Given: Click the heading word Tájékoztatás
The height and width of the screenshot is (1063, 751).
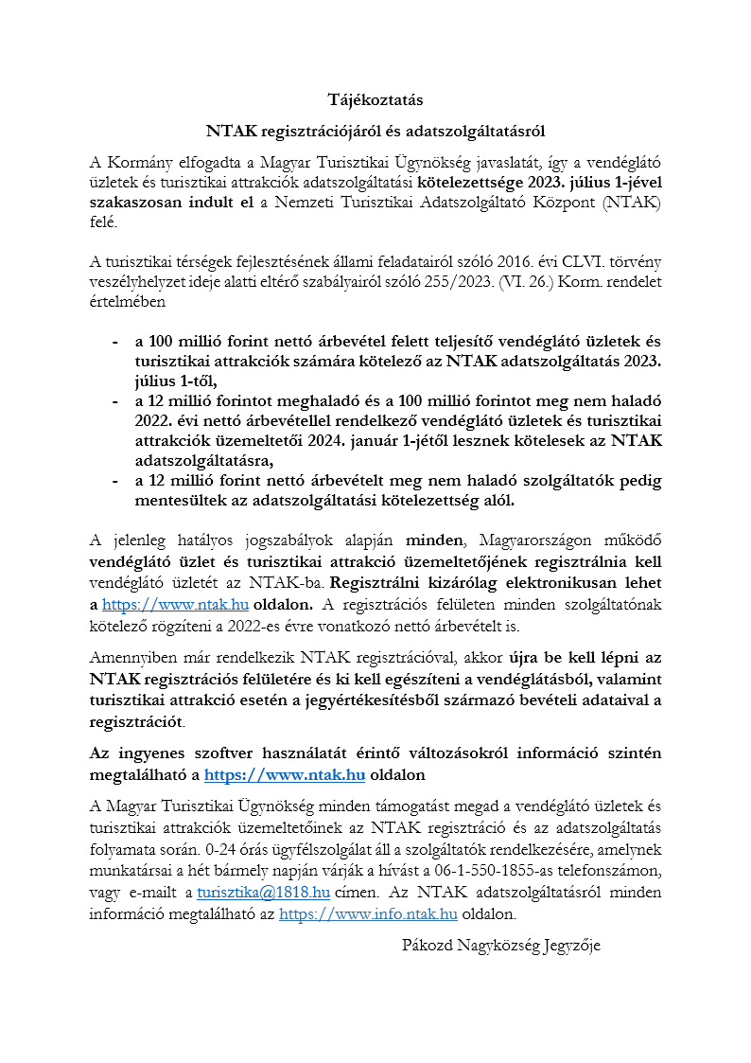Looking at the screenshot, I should (375, 99).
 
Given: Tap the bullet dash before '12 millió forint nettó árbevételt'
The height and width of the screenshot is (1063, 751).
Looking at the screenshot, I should (115, 481).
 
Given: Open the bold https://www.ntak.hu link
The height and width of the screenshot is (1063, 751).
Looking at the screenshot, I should (285, 775).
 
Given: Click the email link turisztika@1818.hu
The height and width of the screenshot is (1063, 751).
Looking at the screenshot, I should (263, 892).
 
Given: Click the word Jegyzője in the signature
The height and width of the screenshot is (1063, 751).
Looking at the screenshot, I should (571, 945).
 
